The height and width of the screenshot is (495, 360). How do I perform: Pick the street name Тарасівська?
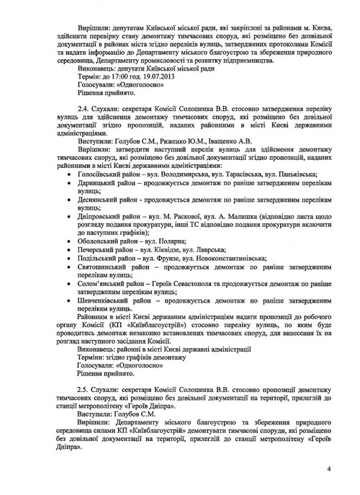(241, 174)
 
